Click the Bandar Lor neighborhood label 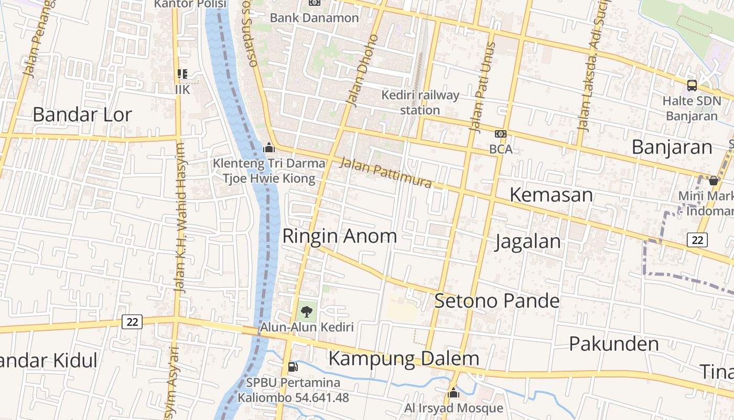click(82, 114)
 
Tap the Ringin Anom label click(339, 236)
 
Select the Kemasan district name click(551, 195)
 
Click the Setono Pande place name click(496, 301)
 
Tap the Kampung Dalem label click(404, 359)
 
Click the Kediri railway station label click(420, 102)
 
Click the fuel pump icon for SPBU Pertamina click(293, 367)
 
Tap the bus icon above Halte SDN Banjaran click(692, 85)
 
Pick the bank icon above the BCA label click(501, 134)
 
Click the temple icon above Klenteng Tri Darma click(269, 148)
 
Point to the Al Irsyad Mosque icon click(454, 393)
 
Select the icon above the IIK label click(182, 74)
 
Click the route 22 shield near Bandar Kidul click(132, 321)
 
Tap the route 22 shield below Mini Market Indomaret click(697, 240)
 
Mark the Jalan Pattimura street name click(385, 172)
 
